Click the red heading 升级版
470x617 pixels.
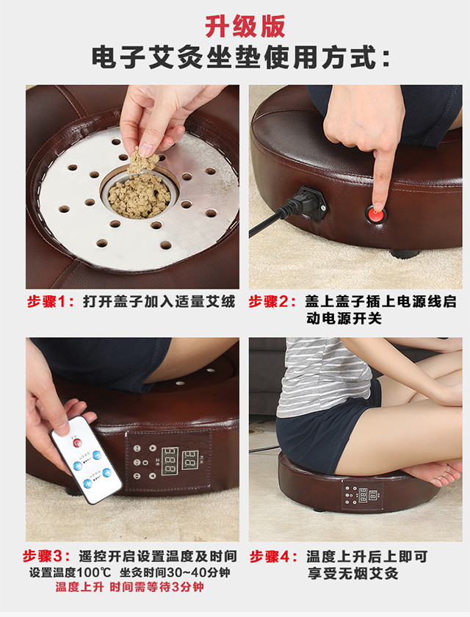[x=245, y=26]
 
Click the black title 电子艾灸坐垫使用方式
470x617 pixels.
[x=235, y=58]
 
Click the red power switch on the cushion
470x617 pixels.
[x=376, y=214]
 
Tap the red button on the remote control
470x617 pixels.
[x=77, y=443]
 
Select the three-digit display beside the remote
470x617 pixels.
[x=170, y=461]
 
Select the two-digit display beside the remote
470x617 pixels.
[x=190, y=459]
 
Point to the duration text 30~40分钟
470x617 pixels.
[x=198, y=572]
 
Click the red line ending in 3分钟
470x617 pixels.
[x=130, y=587]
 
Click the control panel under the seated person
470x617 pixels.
[x=362, y=495]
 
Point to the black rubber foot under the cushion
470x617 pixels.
[x=405, y=254]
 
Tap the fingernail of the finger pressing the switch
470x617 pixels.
[x=378, y=206]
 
